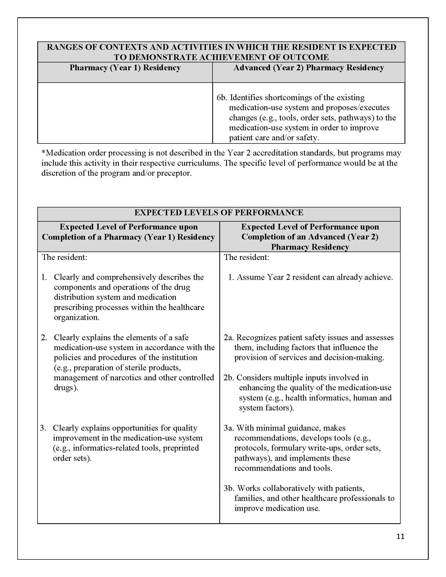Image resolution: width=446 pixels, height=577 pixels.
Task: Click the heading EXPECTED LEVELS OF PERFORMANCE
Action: click(x=219, y=213)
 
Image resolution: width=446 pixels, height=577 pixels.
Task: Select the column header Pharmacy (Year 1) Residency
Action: click(x=125, y=68)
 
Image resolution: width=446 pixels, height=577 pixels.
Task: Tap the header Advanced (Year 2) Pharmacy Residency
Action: click(x=308, y=68)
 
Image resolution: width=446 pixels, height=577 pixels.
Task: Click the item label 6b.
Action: click(x=222, y=98)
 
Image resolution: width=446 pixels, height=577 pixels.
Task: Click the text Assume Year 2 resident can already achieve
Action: click(x=314, y=277)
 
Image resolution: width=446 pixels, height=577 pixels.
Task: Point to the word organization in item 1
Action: click(x=76, y=317)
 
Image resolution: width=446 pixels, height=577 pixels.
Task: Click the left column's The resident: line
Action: click(x=64, y=257)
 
